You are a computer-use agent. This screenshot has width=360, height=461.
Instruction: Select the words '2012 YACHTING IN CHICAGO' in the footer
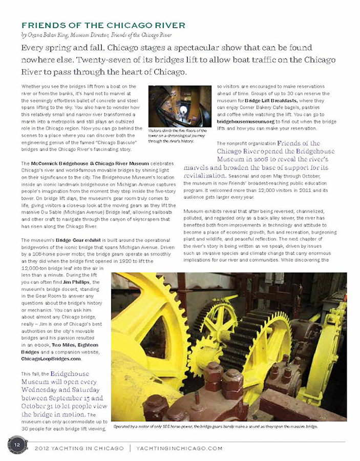click(79, 448)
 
